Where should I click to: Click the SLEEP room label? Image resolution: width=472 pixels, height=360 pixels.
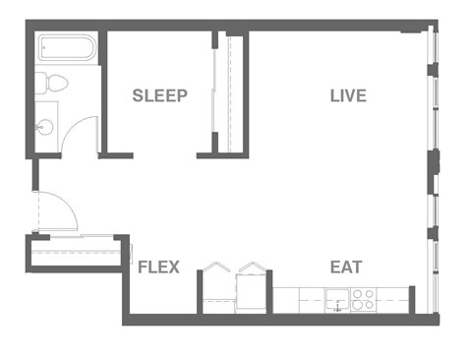point(159,95)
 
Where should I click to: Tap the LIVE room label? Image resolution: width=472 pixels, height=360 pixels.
point(347,95)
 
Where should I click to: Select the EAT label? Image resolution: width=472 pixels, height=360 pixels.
point(345,267)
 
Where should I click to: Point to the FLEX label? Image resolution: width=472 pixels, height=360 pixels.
point(157,267)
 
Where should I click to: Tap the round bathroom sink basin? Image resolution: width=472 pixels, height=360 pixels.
point(45,127)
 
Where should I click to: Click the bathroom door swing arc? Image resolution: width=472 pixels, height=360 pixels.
point(81,133)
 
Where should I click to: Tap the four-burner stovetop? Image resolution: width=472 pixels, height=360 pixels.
point(363,298)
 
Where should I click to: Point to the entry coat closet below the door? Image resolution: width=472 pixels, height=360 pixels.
point(77,252)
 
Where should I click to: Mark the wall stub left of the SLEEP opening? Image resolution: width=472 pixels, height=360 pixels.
point(117,153)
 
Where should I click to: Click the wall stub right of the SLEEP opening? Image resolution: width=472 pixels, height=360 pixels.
point(206,153)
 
